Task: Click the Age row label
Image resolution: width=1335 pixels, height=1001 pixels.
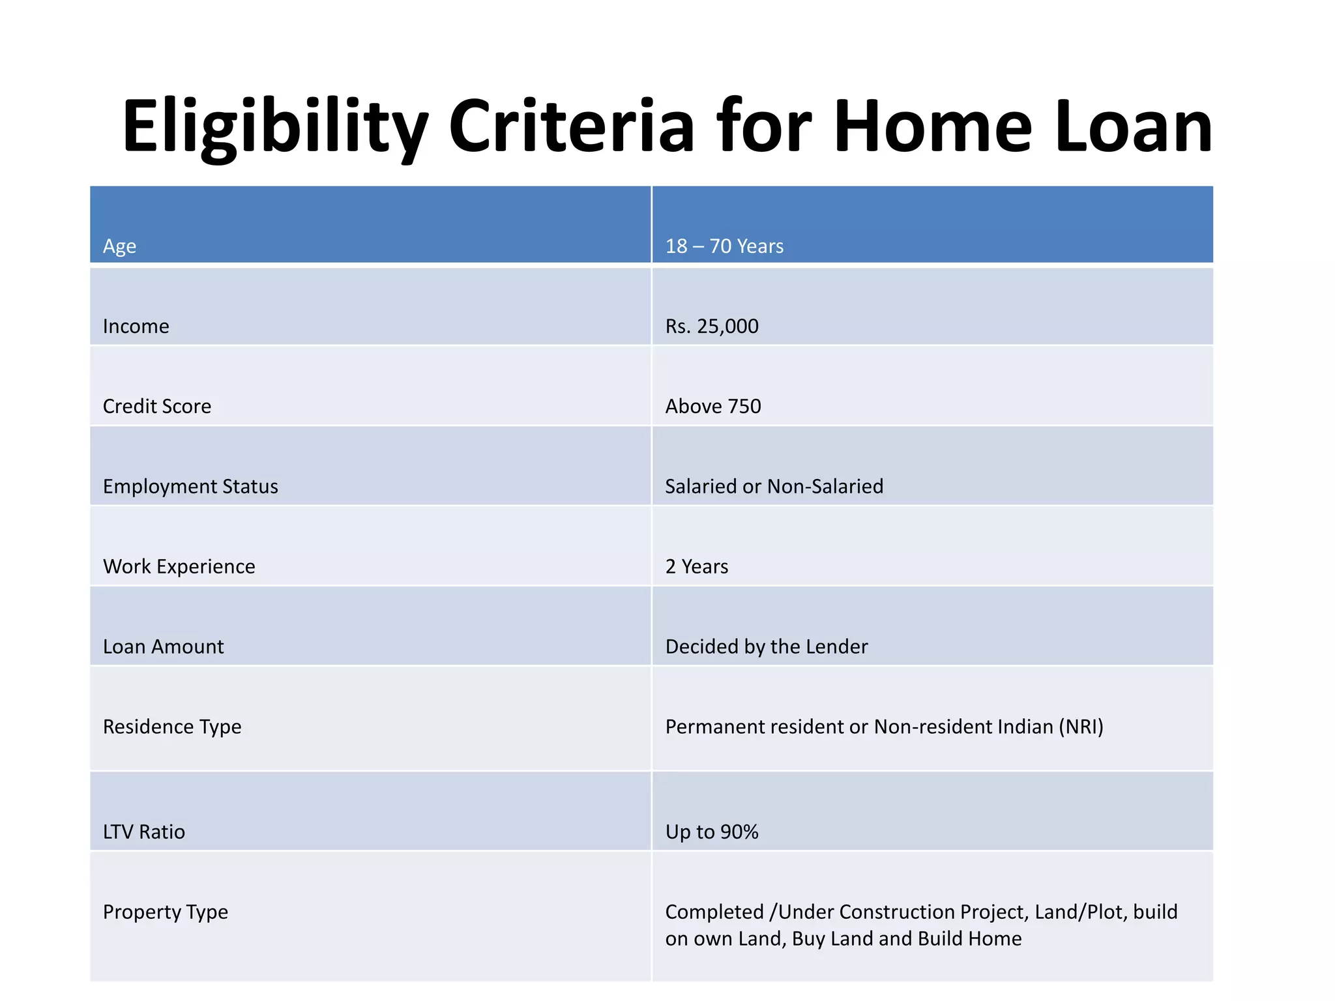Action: point(119,246)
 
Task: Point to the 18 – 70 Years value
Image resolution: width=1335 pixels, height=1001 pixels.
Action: point(724,246)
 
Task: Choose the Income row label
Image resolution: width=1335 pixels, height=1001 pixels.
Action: point(136,326)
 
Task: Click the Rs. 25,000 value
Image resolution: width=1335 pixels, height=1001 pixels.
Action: point(712,326)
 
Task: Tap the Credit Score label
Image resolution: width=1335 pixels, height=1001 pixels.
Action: point(157,406)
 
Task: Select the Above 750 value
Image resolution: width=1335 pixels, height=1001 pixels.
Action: point(713,406)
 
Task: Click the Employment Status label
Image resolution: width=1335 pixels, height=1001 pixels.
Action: point(190,486)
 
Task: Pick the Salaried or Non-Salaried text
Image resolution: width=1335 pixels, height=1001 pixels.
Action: point(774,486)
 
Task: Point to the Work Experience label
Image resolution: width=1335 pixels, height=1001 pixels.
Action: point(179,566)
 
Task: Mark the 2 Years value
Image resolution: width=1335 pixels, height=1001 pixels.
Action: point(697,566)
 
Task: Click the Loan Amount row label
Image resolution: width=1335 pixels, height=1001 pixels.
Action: point(164,646)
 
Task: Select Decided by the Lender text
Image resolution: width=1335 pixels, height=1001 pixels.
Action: point(767,646)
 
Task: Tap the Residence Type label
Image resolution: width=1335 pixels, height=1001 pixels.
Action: point(172,727)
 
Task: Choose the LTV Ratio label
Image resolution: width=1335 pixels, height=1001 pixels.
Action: point(144,832)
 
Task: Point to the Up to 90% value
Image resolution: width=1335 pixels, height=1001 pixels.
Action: point(712,832)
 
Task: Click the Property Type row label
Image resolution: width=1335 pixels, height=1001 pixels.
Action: point(166,912)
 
